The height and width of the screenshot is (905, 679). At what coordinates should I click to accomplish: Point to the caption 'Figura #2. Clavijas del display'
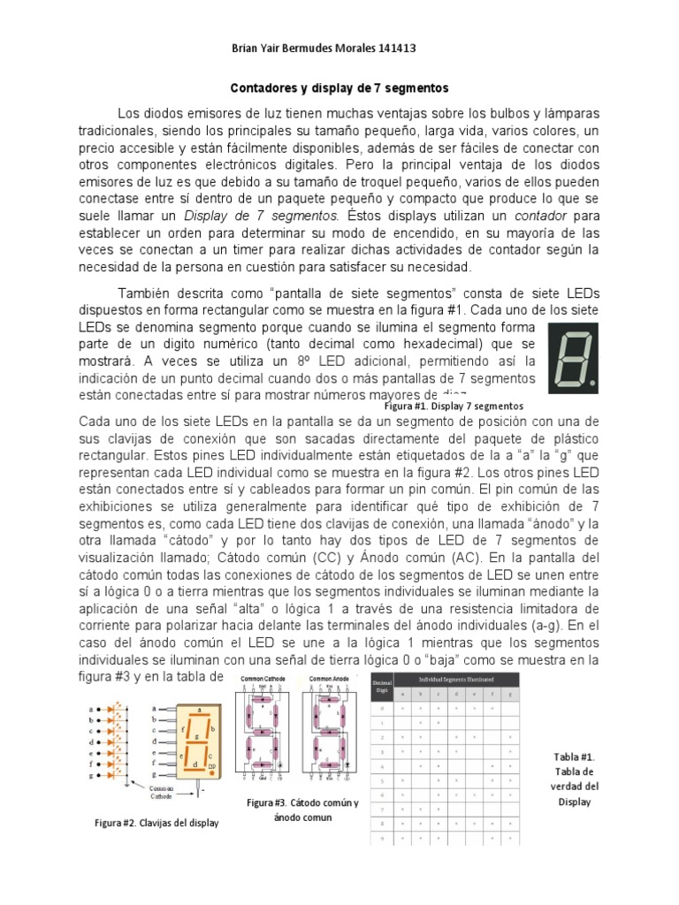point(156,823)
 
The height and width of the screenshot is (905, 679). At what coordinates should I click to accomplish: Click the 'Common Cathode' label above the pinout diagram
point(261,679)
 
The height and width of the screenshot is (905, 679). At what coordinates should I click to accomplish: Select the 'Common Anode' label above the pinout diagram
point(329,679)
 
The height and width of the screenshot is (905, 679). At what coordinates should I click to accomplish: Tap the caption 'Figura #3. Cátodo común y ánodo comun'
point(302,810)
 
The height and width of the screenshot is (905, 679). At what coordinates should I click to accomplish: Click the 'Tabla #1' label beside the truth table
point(574,757)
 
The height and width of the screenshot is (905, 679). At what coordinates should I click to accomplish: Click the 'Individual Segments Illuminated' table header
point(457,678)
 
